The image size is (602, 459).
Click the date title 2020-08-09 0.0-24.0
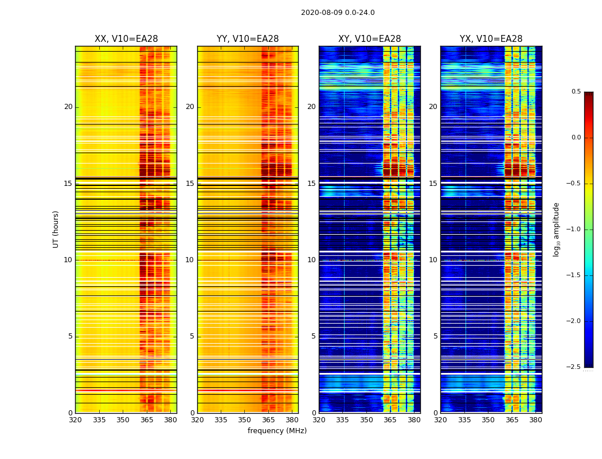pos(338,13)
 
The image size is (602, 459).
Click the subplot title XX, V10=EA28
pos(126,39)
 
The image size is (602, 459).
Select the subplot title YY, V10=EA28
pos(248,39)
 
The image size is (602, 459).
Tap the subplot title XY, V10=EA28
pos(369,39)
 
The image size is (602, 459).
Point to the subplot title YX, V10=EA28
pos(491,39)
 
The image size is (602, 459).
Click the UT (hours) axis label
pos(56,229)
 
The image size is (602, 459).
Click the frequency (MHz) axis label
pos(277,431)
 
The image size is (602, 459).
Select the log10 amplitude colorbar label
pos(556,229)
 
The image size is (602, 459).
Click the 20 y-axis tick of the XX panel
pos(68,107)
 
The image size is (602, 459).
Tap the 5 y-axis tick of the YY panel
pos(192,336)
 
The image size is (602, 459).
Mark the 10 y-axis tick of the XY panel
pos(311,260)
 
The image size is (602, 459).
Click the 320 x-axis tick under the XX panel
pos(75,420)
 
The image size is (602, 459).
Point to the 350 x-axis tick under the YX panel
pos(488,420)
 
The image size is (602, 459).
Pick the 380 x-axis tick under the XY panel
pos(414,420)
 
